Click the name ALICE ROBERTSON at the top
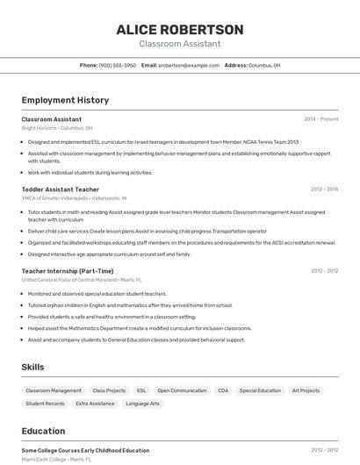click(x=179, y=29)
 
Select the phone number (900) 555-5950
click(x=118, y=65)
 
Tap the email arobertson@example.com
click(x=189, y=65)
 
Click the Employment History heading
click(x=65, y=100)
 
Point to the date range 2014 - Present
click(x=320, y=118)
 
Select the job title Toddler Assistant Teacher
click(x=60, y=189)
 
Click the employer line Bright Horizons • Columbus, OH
click(x=56, y=127)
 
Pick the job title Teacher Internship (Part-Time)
click(x=68, y=271)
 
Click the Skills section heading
click(x=32, y=367)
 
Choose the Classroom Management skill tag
click(x=54, y=390)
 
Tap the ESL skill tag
click(x=141, y=390)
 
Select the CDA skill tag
click(x=223, y=390)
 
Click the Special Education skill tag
click(x=260, y=390)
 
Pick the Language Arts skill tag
click(x=142, y=404)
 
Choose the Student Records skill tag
click(x=45, y=404)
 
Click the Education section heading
click(x=43, y=431)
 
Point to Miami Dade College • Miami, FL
click(x=56, y=459)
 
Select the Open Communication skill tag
click(x=182, y=390)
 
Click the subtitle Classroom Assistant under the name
click(x=179, y=44)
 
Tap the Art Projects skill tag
click(x=306, y=390)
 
